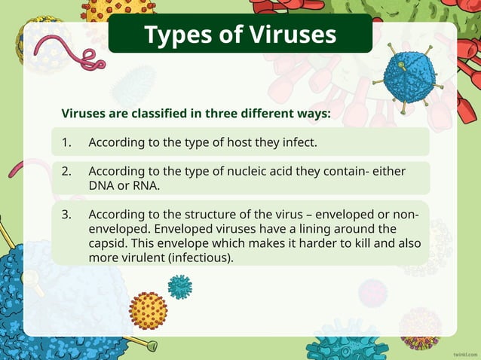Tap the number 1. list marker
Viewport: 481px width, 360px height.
(66, 142)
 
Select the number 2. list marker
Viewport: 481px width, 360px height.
(66, 171)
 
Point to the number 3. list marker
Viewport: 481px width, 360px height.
(66, 214)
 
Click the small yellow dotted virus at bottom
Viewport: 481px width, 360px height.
(148, 310)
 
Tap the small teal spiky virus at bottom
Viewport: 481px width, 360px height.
(179, 286)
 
